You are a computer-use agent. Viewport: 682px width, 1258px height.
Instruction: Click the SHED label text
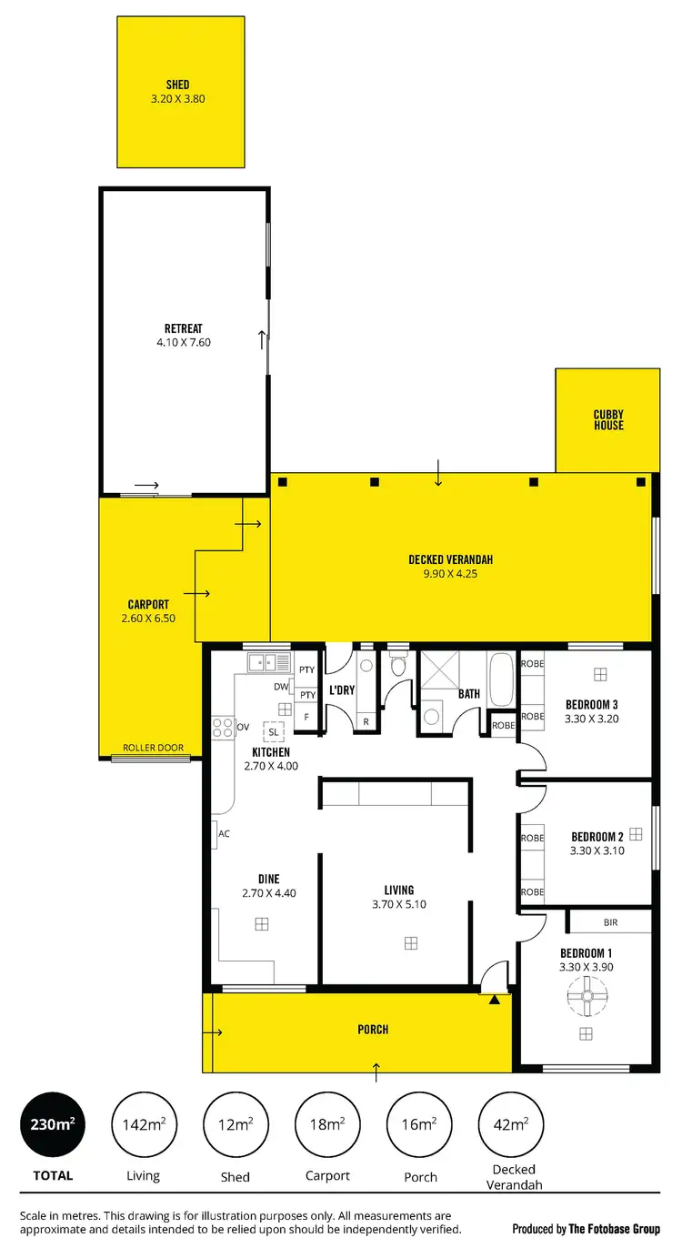tap(178, 86)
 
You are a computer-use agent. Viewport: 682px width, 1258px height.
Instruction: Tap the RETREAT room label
tap(183, 328)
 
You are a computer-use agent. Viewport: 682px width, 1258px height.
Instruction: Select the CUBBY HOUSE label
tap(608, 420)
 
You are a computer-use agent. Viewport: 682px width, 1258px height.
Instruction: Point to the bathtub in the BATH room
tap(502, 679)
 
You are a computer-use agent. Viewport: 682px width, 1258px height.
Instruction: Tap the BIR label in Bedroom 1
tap(610, 921)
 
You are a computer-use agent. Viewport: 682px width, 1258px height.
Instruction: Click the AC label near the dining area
tap(224, 833)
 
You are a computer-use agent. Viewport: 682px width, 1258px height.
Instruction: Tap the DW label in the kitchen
tap(281, 687)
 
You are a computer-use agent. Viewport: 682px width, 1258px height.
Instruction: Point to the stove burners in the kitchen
tap(223, 727)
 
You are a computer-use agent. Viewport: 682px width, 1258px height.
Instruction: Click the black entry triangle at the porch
tap(494, 1000)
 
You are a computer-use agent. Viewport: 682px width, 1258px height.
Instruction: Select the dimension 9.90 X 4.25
tap(450, 574)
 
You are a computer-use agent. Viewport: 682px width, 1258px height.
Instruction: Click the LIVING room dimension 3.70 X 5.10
tap(398, 905)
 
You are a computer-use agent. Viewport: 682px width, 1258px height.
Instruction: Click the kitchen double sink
tap(268, 661)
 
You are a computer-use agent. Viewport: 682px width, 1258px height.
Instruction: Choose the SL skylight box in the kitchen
tap(273, 730)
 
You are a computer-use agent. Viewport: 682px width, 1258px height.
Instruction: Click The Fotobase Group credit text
tap(615, 1230)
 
